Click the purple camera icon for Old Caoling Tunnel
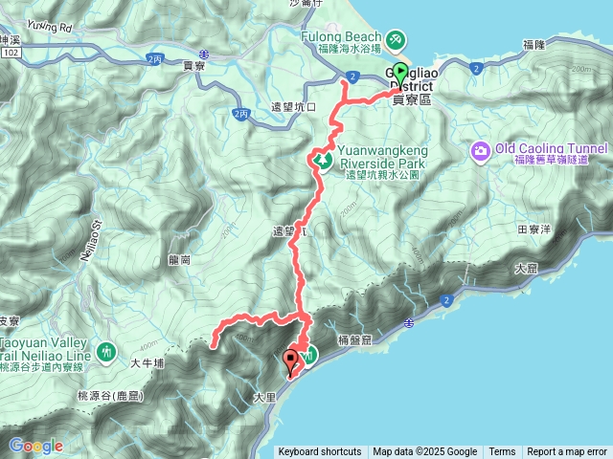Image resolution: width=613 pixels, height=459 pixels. pos(480,150)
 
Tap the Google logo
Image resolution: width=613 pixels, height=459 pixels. pos(35,446)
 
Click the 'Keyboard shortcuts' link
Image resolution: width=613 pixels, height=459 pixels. pos(320,452)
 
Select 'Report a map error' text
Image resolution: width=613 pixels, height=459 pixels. pos(566,452)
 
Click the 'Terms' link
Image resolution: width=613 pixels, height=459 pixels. pos(502,452)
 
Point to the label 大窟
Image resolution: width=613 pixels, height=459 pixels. pos(525,271)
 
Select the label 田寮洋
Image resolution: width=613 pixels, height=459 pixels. pos(534,230)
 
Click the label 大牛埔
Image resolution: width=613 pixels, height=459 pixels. pos(148,362)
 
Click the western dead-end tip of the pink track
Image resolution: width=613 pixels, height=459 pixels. pos(213,339)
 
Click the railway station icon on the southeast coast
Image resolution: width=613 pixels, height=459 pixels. pos(409,323)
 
